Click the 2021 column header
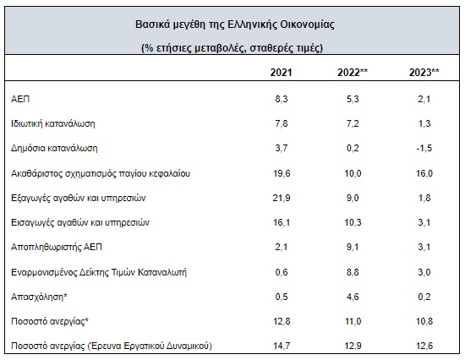pyautogui.click(x=281, y=73)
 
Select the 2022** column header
pyautogui.click(x=353, y=73)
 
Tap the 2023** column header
pyautogui.click(x=424, y=73)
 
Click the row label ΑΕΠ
pyautogui.click(x=20, y=99)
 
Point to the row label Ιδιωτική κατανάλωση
pyautogui.click(x=53, y=123)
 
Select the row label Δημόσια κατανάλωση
pyautogui.click(x=54, y=148)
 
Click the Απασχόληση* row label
pyautogui.click(x=39, y=297)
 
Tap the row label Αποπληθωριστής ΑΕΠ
pyautogui.click(x=57, y=247)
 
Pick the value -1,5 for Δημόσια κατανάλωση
pyautogui.click(x=424, y=148)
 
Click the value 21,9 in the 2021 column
pyautogui.click(x=282, y=198)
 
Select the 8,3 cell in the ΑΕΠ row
pyautogui.click(x=282, y=99)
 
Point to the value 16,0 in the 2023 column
pyautogui.click(x=424, y=173)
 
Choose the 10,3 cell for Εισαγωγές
pyautogui.click(x=353, y=222)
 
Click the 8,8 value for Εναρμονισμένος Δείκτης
pyautogui.click(x=353, y=272)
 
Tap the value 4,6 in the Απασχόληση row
pyautogui.click(x=353, y=297)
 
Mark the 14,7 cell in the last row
pyautogui.click(x=282, y=346)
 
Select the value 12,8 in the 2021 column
pyautogui.click(x=282, y=321)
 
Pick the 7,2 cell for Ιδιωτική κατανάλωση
pyautogui.click(x=353, y=123)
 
